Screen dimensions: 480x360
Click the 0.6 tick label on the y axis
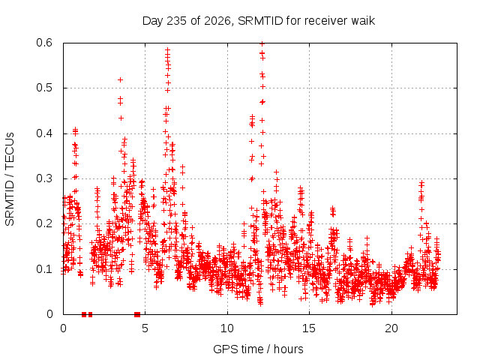pos(44,43)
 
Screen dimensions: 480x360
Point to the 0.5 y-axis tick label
pos(44,88)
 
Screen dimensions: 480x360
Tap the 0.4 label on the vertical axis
pos(44,133)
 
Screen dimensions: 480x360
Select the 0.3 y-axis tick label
pos(44,178)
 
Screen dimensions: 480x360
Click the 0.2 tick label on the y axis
pos(44,223)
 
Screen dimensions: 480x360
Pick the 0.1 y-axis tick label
pos(44,269)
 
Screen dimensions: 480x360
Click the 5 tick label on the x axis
pos(145,328)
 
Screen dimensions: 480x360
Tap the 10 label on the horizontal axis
pos(227,328)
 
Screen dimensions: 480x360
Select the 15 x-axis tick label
pos(309,328)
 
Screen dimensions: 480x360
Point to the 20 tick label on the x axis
pos(391,328)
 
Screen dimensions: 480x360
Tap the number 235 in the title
pos(177,21)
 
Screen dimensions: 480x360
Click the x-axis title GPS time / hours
pos(258,349)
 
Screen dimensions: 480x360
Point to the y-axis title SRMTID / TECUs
pos(10,179)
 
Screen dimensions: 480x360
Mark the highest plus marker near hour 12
pos(262,43)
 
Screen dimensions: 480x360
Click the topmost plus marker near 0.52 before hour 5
pos(120,80)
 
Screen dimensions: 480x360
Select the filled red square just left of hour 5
pos(137,314)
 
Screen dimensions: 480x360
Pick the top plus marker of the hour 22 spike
pos(421,183)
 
